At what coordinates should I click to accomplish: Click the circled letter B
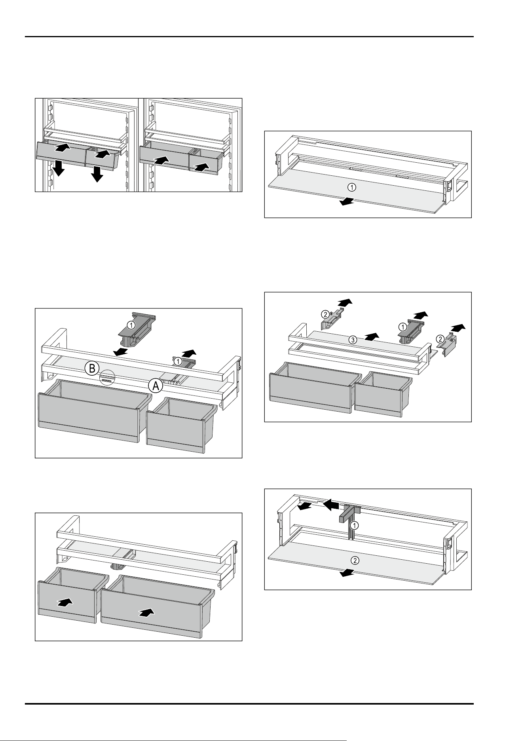(91, 369)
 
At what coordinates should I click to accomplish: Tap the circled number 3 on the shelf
(352, 339)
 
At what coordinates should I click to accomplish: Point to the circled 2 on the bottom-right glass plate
(356, 560)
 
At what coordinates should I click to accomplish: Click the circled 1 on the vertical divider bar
(355, 526)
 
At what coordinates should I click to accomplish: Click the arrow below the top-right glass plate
(347, 202)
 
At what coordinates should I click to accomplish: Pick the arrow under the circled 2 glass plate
(347, 573)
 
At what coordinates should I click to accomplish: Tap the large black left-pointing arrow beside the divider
(331, 505)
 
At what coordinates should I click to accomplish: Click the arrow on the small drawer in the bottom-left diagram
(65, 602)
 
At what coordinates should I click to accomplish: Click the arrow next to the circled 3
(372, 336)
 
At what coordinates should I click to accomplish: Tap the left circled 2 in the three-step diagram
(324, 315)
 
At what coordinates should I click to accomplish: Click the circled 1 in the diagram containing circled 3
(402, 327)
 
